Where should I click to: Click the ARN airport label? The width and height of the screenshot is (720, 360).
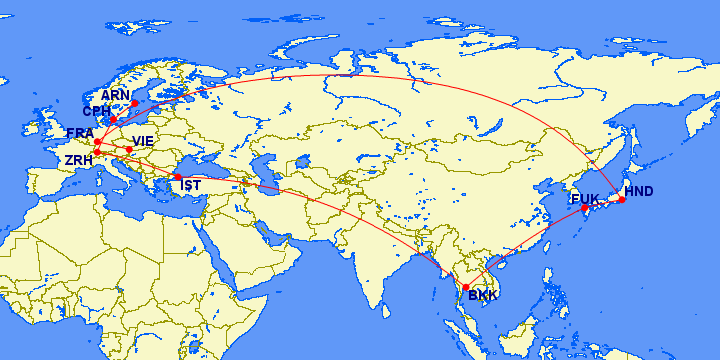tap(116, 95)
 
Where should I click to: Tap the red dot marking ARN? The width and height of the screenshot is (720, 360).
tap(135, 103)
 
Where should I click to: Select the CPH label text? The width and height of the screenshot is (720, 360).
tap(97, 112)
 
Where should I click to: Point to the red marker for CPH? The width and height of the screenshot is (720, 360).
tap(113, 120)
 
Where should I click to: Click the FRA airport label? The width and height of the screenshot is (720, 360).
tap(79, 133)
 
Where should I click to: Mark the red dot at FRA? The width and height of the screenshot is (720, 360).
tap(97, 141)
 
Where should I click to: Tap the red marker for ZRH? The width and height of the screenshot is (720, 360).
tap(97, 152)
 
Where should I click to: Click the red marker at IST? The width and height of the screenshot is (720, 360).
tap(178, 176)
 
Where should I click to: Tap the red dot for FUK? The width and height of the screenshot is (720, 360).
tap(585, 208)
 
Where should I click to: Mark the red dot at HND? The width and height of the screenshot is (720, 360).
tap(622, 200)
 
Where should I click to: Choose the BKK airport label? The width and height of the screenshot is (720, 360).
tap(483, 296)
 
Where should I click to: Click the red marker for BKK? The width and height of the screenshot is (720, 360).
tap(466, 288)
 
